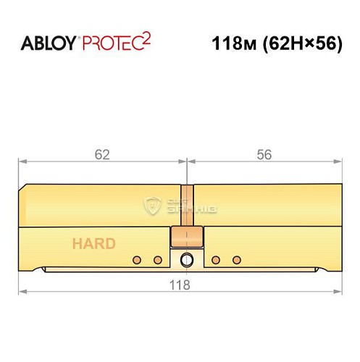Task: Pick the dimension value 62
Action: point(102,153)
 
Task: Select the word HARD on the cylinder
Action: point(93,243)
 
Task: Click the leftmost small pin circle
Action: point(136,260)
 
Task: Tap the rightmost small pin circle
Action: point(235,260)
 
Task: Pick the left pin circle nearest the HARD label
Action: point(136,260)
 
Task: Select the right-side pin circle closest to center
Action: point(215,260)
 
